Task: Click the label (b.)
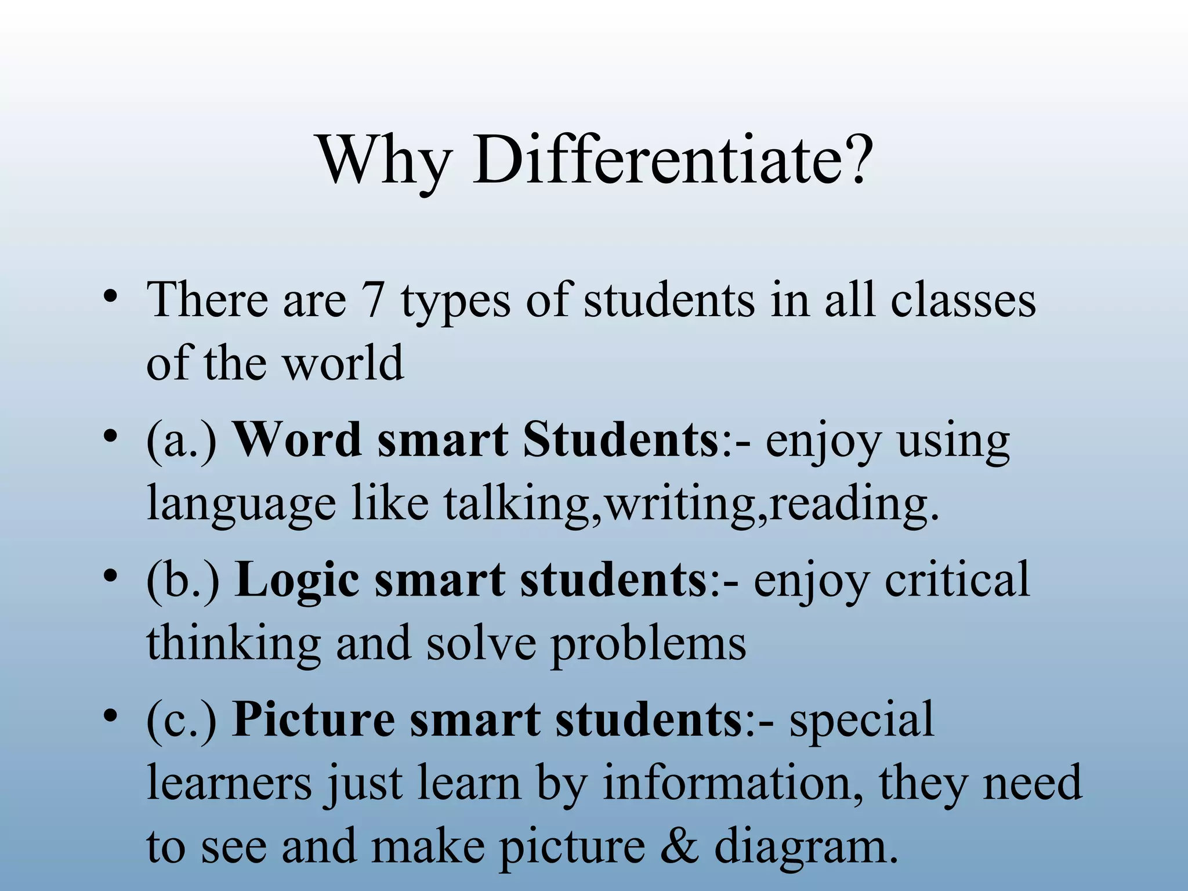183,581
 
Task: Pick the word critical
957,580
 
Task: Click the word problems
648,644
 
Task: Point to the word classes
963,300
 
